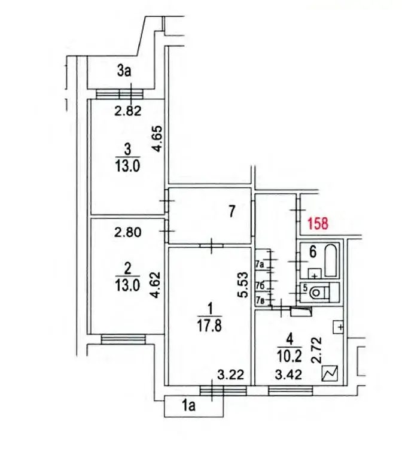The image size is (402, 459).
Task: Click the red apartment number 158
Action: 318,223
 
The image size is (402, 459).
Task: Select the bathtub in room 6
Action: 331,260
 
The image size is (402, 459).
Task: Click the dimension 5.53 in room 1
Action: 243,285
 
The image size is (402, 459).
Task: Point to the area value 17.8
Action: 210,326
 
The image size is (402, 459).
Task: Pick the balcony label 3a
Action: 124,71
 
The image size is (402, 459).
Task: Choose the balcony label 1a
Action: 188,406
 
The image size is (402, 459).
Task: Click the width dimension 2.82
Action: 128,111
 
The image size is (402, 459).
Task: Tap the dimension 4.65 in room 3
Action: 157,138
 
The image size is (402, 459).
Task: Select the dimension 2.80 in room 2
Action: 128,232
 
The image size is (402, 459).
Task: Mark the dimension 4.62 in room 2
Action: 156,285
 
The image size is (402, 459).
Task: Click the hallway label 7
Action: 232,211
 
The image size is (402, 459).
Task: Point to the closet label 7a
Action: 260,265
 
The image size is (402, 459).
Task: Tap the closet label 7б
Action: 260,285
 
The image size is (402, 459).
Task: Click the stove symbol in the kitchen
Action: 330,373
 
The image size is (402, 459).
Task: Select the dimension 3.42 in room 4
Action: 288,375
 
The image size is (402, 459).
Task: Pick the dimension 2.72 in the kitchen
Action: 316,350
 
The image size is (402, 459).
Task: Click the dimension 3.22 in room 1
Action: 230,375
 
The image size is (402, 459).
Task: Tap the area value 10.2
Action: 289,357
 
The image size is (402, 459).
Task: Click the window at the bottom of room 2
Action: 123,339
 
